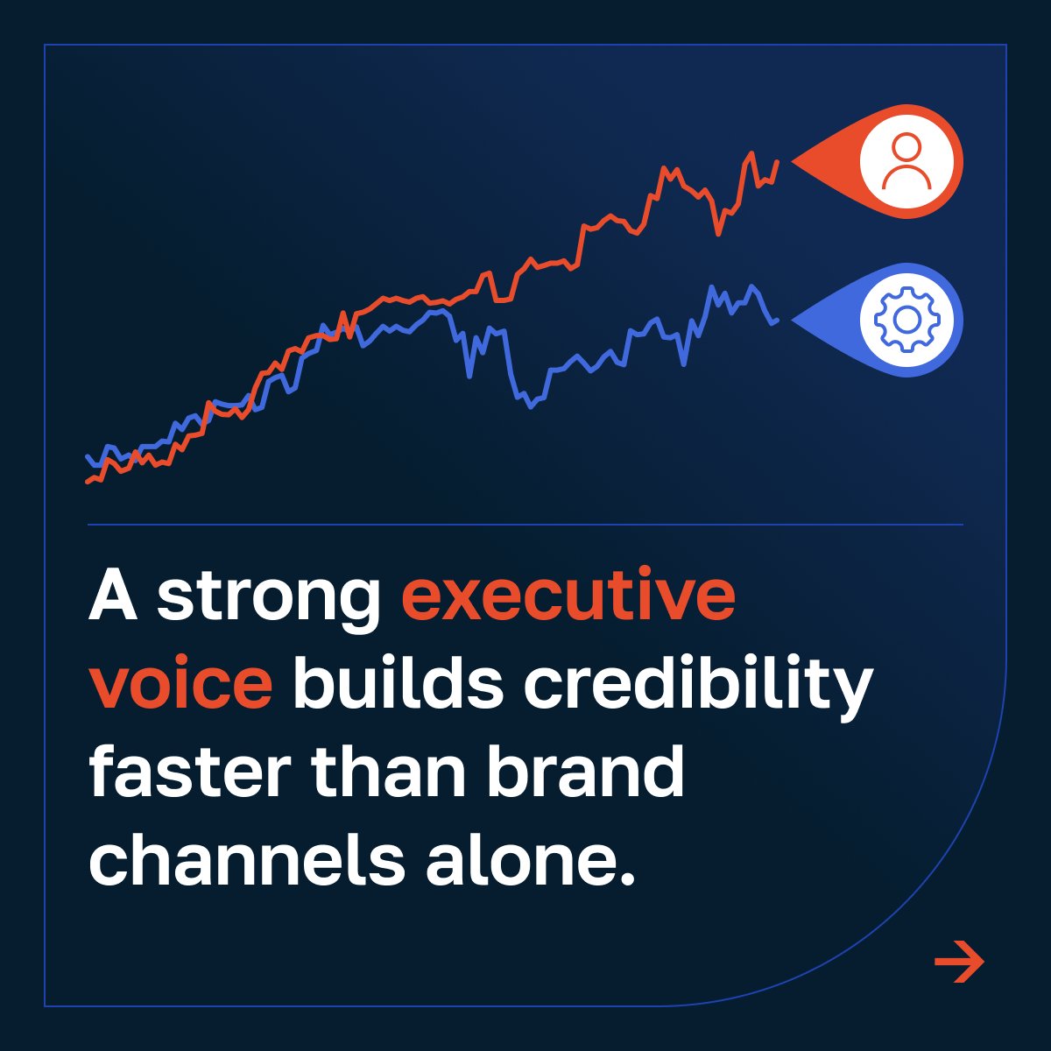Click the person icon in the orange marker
(x=906, y=161)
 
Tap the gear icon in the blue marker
(x=906, y=320)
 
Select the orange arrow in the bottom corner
(x=959, y=963)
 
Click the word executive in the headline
(x=568, y=596)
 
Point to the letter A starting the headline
(x=113, y=596)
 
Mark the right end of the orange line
(x=777, y=161)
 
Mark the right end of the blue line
(x=777, y=320)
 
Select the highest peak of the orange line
(x=751, y=153)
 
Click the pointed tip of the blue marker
(x=794, y=320)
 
